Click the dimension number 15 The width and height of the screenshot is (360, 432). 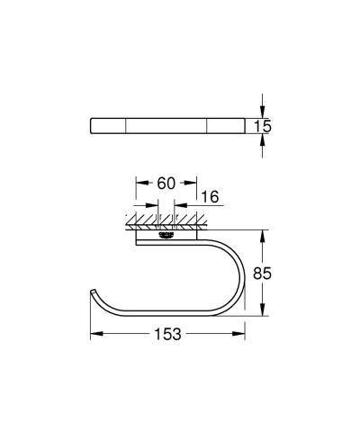(264, 126)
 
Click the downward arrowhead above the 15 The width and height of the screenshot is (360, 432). (262, 112)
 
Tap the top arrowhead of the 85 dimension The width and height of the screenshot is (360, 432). (262, 232)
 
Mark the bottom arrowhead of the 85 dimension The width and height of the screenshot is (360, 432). (262, 312)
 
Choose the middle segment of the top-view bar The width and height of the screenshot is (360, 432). (166, 126)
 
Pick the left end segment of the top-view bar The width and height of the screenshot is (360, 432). (110, 126)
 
